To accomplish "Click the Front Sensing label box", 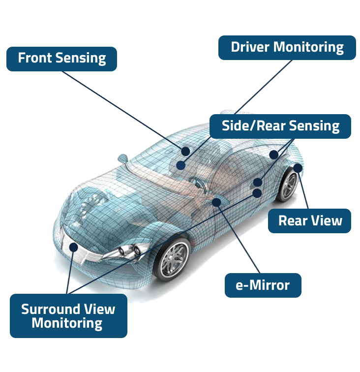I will click(x=61, y=59).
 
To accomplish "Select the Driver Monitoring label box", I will click(x=287, y=48).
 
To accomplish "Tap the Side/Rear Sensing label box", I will click(x=280, y=126).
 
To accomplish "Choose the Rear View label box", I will click(x=310, y=220).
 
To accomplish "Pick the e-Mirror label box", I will click(x=263, y=285).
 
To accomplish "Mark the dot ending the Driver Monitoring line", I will click(x=181, y=166).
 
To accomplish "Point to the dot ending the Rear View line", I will click(x=298, y=168).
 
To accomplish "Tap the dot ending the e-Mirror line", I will click(x=216, y=202).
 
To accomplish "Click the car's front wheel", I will click(x=172, y=258).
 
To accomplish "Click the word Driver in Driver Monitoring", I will click(x=250, y=48).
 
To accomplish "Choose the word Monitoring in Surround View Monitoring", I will click(x=67, y=323).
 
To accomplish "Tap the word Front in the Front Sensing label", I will click(x=35, y=59).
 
